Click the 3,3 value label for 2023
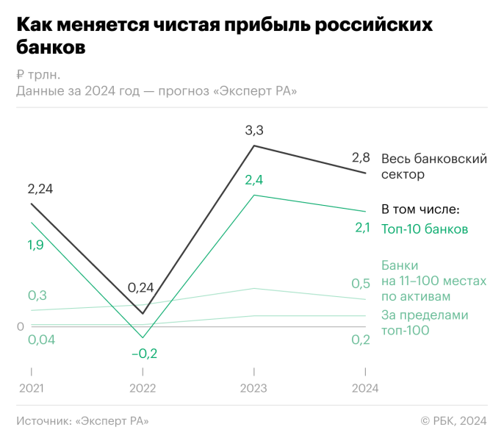(x=254, y=131)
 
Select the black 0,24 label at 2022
(x=141, y=288)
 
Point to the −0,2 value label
(x=144, y=354)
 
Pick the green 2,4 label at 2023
(x=254, y=180)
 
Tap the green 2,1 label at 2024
(x=362, y=228)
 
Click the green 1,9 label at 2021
(x=35, y=245)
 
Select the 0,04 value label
(x=40, y=340)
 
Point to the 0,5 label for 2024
(x=361, y=284)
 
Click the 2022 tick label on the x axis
(x=143, y=388)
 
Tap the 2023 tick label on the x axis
(x=253, y=388)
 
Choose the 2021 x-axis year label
(x=31, y=388)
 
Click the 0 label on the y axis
(x=21, y=326)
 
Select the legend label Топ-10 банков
(x=425, y=229)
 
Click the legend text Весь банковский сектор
(x=433, y=167)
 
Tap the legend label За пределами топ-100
(x=425, y=323)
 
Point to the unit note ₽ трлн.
(x=38, y=74)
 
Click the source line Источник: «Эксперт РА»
(x=82, y=420)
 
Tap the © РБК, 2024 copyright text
(x=453, y=420)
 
